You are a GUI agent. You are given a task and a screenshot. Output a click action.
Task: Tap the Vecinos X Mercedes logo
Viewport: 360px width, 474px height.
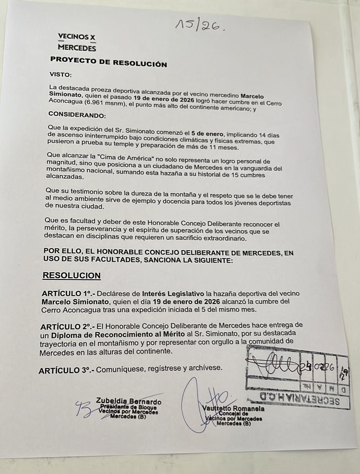click(77, 42)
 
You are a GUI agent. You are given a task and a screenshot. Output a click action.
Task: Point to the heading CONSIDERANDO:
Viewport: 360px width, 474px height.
click(77, 115)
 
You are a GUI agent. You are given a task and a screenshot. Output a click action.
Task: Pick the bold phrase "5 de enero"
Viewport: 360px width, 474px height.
click(207, 134)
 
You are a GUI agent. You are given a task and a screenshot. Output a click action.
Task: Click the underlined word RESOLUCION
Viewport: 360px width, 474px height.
click(71, 276)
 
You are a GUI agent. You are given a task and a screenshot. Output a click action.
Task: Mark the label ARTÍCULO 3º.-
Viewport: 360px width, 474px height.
click(66, 370)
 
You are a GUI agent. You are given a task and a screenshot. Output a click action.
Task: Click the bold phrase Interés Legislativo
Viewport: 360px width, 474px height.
click(173, 294)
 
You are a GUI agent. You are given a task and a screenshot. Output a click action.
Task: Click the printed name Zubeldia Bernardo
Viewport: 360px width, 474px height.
click(129, 401)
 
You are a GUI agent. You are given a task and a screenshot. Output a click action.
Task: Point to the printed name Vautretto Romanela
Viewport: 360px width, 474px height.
click(233, 409)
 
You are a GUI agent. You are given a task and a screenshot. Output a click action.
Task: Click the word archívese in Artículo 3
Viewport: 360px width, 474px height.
click(205, 368)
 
